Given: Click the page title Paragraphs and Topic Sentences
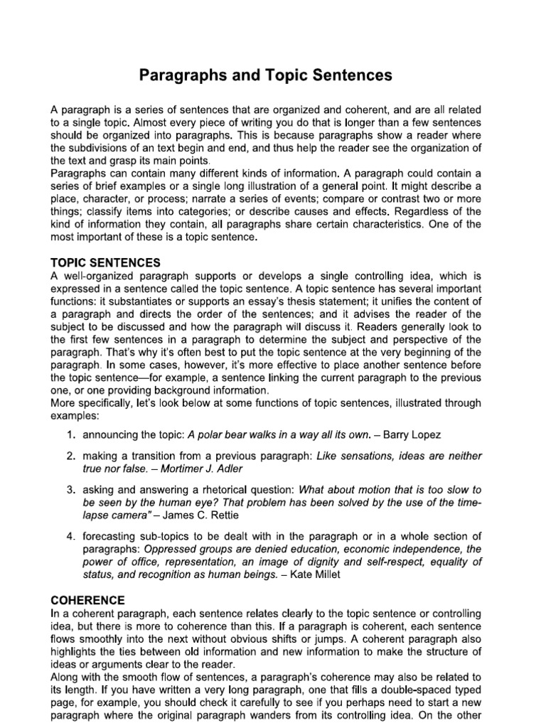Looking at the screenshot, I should (x=273, y=75).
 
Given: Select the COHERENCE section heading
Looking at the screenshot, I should (x=87, y=600).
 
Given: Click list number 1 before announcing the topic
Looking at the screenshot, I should (x=72, y=434).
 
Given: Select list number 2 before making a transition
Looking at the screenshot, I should (x=72, y=455).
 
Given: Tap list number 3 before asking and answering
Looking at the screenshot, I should (x=72, y=490).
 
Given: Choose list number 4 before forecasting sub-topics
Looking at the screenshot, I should (x=72, y=536).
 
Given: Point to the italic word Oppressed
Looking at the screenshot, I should (x=169, y=550).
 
